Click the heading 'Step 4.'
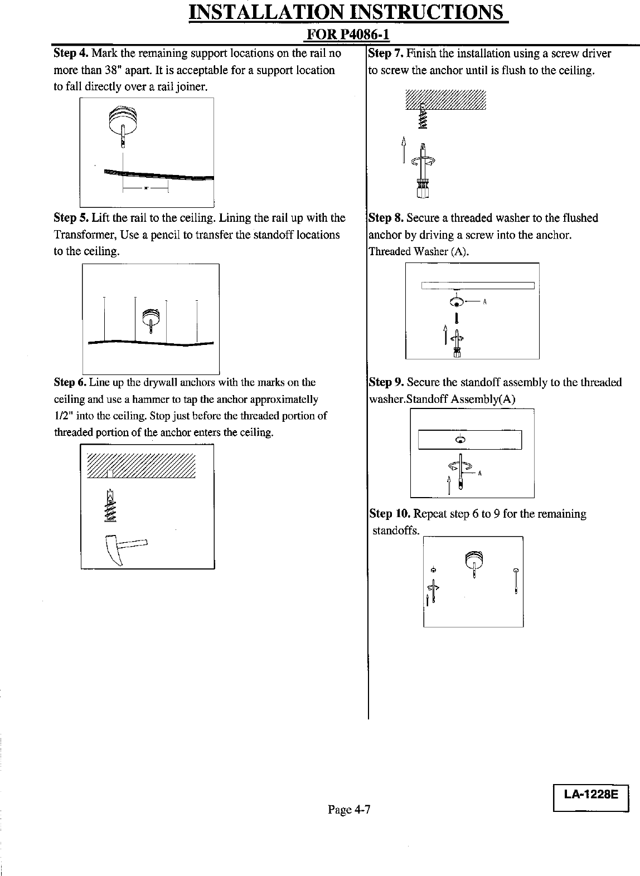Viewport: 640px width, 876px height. (71, 53)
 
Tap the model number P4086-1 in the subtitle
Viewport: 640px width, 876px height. (360, 35)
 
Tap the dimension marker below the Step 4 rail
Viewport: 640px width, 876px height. (146, 188)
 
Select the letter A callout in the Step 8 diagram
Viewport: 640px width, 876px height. (485, 302)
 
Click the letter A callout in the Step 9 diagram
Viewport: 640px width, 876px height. (480, 474)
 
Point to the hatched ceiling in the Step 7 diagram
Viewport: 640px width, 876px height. (446, 100)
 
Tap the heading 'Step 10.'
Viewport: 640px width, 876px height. (390, 514)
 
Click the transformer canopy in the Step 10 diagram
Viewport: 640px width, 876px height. (474, 558)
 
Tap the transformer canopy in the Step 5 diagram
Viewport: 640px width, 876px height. (151, 317)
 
